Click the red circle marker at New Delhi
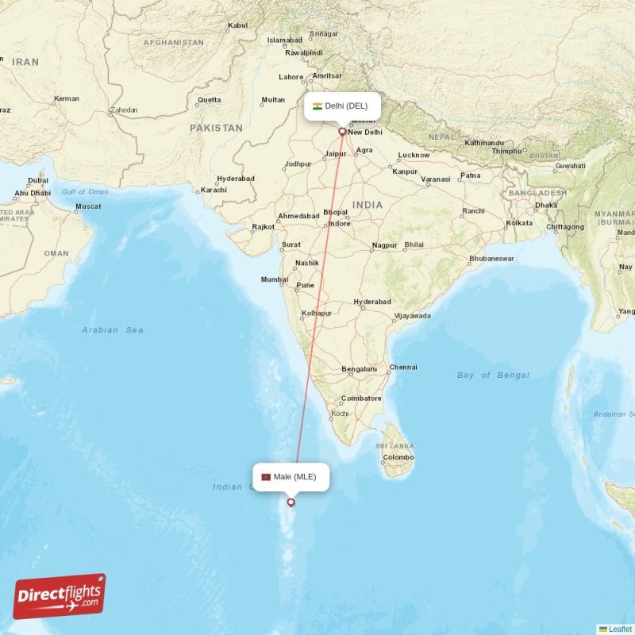click(x=342, y=132)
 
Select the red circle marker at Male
click(x=291, y=502)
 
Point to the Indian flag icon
click(x=317, y=106)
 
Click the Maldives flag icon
click(x=266, y=477)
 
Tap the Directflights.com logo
click(x=60, y=596)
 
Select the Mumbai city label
click(x=275, y=279)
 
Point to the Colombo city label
click(x=398, y=457)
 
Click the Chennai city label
click(x=403, y=368)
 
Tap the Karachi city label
click(x=214, y=190)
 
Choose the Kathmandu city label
click(x=484, y=143)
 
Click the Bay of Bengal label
click(x=493, y=375)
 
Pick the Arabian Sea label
click(x=113, y=329)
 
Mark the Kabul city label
click(x=237, y=25)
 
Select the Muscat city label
click(x=88, y=206)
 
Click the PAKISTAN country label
click(x=216, y=127)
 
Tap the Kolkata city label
click(x=519, y=223)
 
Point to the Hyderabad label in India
click(x=372, y=302)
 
